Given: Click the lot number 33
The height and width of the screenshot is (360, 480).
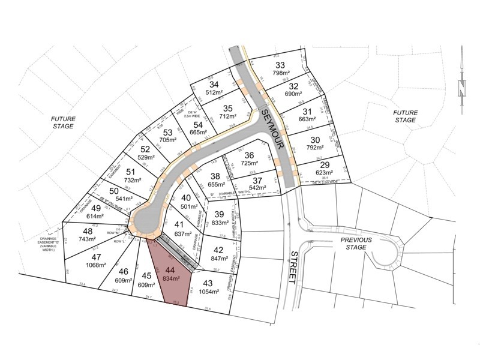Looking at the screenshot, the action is (x=279, y=65).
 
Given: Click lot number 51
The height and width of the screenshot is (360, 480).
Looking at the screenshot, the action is (x=131, y=172).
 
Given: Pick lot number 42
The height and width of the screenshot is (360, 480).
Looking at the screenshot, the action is (x=218, y=251).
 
